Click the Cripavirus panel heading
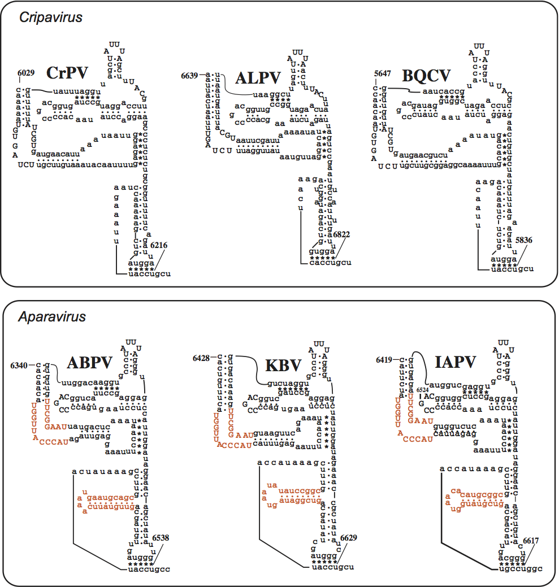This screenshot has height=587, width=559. (51, 18)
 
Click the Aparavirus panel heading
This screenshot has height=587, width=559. (52, 317)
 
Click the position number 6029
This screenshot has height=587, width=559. (26, 73)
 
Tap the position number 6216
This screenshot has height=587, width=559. (159, 245)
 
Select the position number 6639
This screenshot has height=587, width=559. (190, 75)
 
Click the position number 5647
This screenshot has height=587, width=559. (384, 74)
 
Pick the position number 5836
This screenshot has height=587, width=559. (523, 240)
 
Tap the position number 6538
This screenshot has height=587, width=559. (160, 538)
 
